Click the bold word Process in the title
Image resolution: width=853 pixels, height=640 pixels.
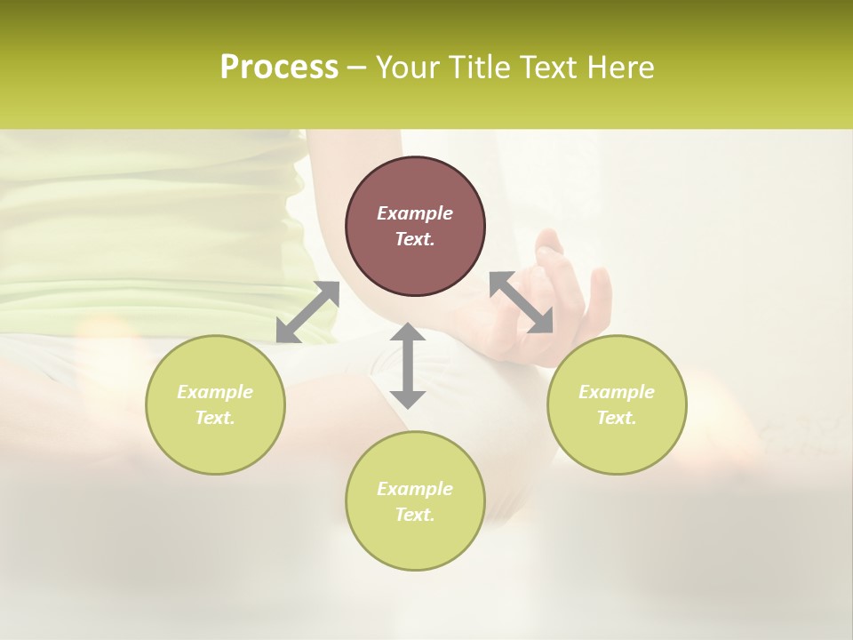point(279,68)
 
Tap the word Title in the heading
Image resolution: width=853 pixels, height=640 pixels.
point(480,68)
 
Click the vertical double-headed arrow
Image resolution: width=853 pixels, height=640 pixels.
point(408,365)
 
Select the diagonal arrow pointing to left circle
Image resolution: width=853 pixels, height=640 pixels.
point(307,312)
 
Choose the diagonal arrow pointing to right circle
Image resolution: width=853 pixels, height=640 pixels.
point(522,302)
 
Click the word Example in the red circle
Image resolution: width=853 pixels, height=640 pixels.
point(415,213)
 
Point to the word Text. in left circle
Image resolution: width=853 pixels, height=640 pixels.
point(215,418)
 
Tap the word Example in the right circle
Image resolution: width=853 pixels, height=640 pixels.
point(617,392)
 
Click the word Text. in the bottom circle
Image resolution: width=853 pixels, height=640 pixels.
point(415,515)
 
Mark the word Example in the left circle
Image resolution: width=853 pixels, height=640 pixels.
point(215,392)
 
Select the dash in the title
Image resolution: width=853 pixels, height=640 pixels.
point(357,68)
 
